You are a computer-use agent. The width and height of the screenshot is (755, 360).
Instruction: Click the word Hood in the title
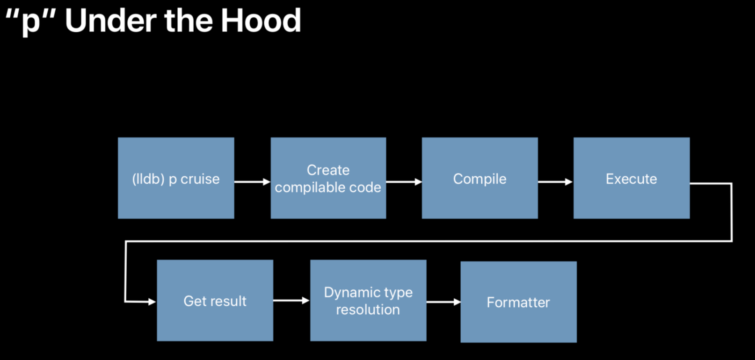click(261, 21)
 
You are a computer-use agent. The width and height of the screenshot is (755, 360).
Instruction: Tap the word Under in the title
click(111, 21)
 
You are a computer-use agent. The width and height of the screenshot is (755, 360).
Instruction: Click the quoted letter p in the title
click(31, 22)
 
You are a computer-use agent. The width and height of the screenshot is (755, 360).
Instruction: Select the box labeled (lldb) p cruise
click(176, 178)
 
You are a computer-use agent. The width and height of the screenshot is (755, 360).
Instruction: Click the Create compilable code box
click(328, 178)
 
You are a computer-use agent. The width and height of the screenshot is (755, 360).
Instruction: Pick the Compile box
click(479, 178)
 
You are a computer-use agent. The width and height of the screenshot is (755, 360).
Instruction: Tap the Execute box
click(632, 178)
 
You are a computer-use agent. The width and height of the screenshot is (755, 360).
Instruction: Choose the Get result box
click(215, 301)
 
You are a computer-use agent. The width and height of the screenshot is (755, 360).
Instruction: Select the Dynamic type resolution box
click(368, 301)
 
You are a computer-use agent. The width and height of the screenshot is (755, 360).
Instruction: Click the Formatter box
click(518, 302)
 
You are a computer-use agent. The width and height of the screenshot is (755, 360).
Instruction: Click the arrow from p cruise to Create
click(253, 182)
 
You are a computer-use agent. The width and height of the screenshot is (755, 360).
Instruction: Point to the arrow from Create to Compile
click(404, 182)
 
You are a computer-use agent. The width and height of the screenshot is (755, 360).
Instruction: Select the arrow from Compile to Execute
click(555, 182)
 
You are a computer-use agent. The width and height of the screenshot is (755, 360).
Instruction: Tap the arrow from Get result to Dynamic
click(291, 300)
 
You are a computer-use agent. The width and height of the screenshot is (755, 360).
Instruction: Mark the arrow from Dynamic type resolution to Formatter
click(443, 302)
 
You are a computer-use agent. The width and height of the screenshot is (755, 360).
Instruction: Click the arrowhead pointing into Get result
click(152, 302)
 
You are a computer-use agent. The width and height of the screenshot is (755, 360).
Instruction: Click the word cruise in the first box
click(200, 179)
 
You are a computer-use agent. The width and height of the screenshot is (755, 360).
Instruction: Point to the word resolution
click(368, 310)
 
